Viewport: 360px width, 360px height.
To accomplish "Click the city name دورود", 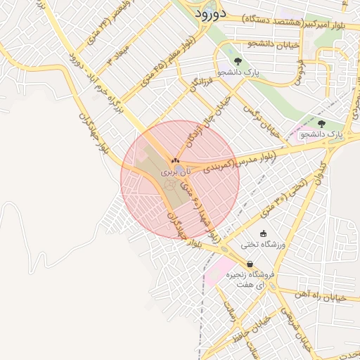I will [209, 13].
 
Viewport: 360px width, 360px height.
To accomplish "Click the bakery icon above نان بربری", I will [175, 161].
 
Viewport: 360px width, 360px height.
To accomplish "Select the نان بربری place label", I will [175, 172].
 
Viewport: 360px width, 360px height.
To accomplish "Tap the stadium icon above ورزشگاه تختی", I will [264, 234].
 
